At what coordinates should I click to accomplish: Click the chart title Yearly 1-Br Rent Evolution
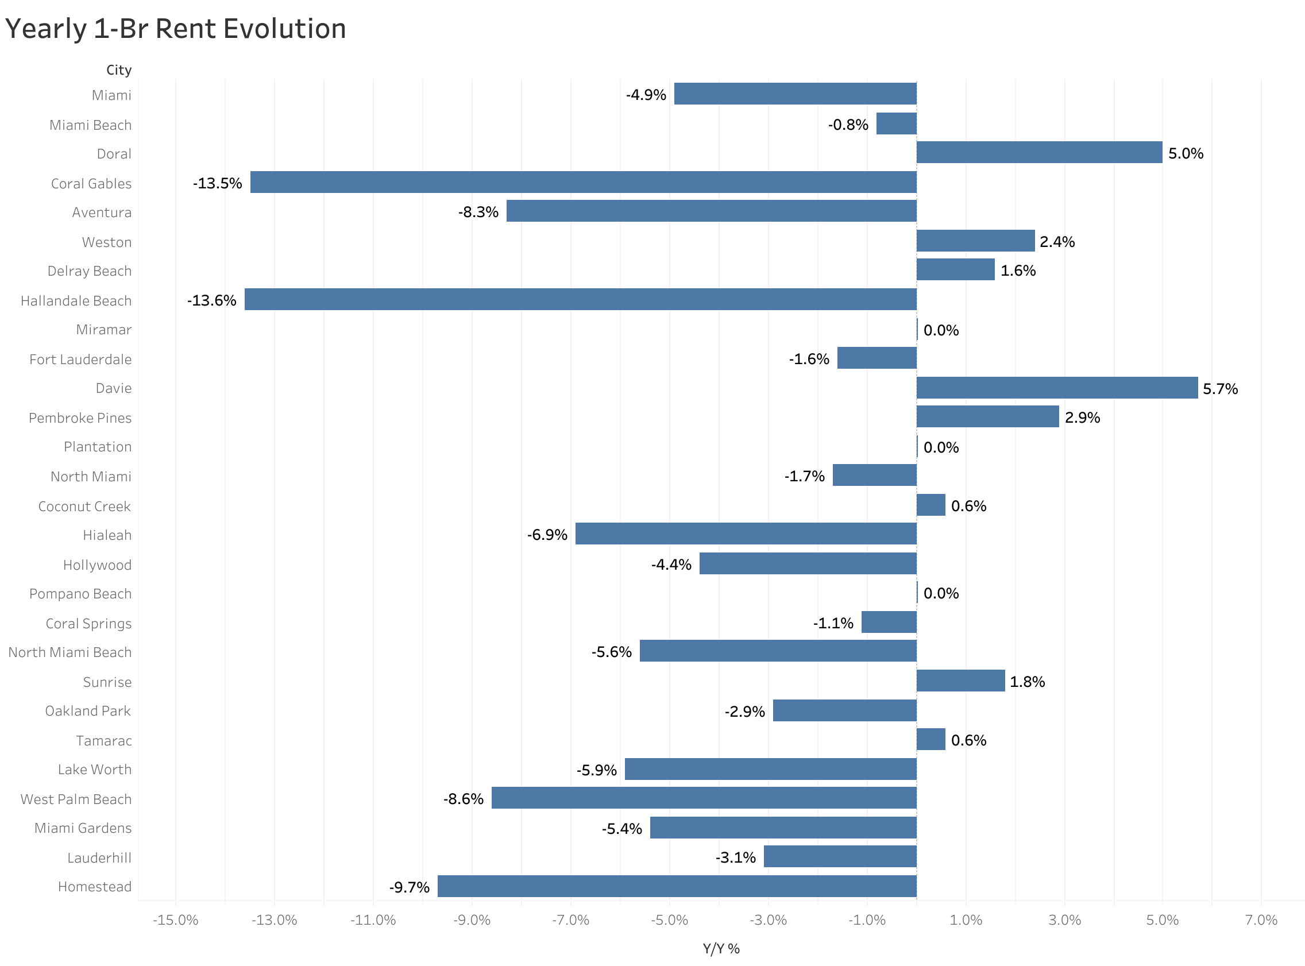coord(175,28)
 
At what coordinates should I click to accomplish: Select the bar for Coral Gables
coord(583,182)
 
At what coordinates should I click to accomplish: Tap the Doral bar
coord(1038,152)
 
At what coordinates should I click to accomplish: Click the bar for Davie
coord(1056,388)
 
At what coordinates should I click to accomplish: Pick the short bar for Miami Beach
coord(895,123)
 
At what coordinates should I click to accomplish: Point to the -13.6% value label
coord(211,300)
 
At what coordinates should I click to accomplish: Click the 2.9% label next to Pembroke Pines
coord(1082,418)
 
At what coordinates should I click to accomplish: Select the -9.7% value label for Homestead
coord(410,887)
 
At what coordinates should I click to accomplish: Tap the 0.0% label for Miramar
coord(941,330)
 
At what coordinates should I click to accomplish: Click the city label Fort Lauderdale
coord(80,359)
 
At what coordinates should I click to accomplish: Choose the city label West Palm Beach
coord(76,799)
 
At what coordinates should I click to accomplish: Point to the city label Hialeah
coord(107,535)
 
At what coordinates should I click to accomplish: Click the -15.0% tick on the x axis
coord(175,920)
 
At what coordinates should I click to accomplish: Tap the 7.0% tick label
coord(1261,920)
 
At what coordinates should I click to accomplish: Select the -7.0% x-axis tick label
coord(570,920)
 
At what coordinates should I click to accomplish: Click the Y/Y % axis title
coord(721,948)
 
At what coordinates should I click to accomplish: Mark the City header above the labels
coord(119,69)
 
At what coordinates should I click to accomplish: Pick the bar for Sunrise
coord(960,681)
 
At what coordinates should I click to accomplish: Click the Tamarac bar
coord(931,739)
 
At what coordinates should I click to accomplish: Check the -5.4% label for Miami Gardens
coord(621,829)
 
